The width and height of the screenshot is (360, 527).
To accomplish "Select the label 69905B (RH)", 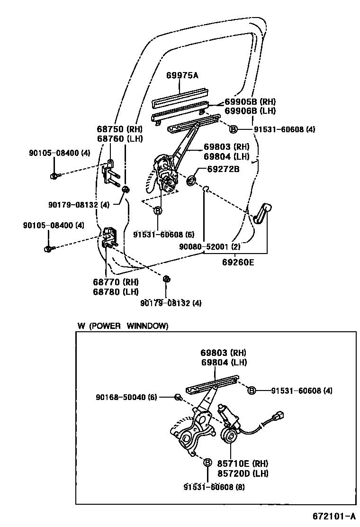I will [x=250, y=101].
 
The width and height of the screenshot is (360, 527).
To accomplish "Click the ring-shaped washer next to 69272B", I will [x=192, y=181].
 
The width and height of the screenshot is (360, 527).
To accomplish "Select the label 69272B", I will [x=223, y=168].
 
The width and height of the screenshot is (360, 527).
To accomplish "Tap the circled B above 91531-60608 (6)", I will [x=158, y=210].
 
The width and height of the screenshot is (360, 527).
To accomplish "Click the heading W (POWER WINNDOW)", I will [x=123, y=326].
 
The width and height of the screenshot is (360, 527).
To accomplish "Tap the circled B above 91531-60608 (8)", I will [x=207, y=463].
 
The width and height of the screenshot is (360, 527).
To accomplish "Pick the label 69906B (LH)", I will [x=250, y=111].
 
